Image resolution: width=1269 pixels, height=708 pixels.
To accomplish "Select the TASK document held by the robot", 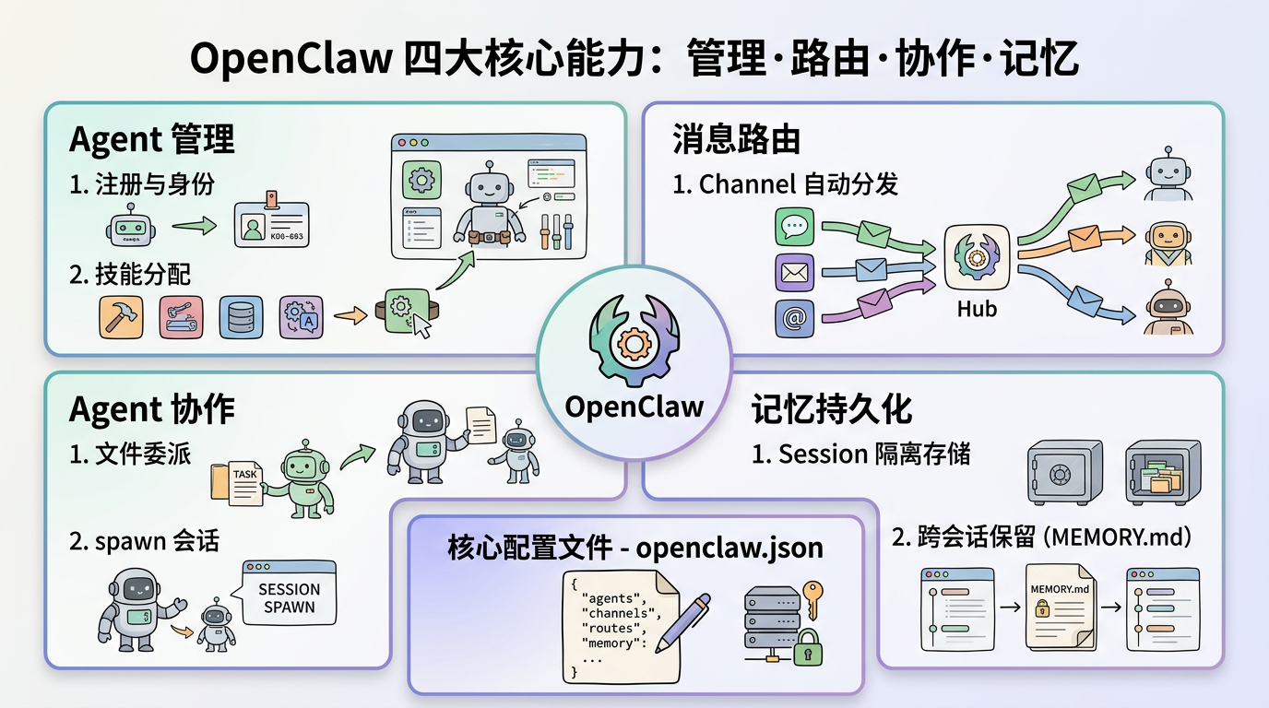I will tap(242, 480).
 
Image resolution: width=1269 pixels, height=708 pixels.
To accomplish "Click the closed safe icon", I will tap(1064, 471).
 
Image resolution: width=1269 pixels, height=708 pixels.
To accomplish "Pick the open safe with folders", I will tap(1163, 471).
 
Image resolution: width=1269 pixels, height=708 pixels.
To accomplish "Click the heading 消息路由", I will tap(735, 139).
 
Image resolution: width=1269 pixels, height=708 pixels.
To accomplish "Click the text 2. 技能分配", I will tap(130, 274).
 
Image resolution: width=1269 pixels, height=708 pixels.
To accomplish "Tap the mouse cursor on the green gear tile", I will tap(421, 326).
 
